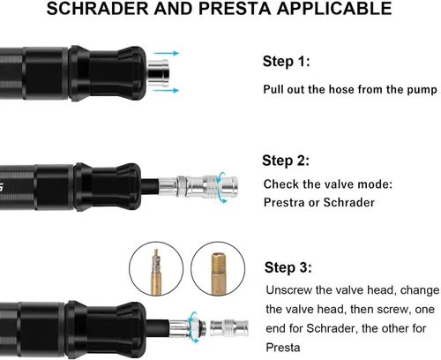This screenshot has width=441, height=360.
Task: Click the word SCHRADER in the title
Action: click(x=98, y=8)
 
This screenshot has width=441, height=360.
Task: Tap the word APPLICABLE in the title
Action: click(x=334, y=8)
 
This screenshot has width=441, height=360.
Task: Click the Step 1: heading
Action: click(x=287, y=62)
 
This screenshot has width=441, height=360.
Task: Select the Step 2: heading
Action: click(x=286, y=161)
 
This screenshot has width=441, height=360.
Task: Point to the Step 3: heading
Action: click(x=288, y=267)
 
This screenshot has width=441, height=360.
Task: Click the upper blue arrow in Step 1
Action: click(x=166, y=53)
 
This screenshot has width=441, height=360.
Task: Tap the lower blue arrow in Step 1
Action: click(x=166, y=90)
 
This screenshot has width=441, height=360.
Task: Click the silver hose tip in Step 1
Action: click(x=158, y=72)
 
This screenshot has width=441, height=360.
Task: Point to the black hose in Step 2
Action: click(x=150, y=186)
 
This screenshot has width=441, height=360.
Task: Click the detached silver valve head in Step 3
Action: click(x=229, y=328)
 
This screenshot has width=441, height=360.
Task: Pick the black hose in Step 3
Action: click(x=158, y=328)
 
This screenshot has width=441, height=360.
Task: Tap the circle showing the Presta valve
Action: click(x=156, y=269)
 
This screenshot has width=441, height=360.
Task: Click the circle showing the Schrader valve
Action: click(x=218, y=269)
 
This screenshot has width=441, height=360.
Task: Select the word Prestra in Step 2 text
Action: click(x=284, y=203)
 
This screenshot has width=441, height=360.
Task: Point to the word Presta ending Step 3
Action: click(x=283, y=348)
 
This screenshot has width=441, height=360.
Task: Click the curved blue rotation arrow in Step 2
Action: click(x=223, y=187)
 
